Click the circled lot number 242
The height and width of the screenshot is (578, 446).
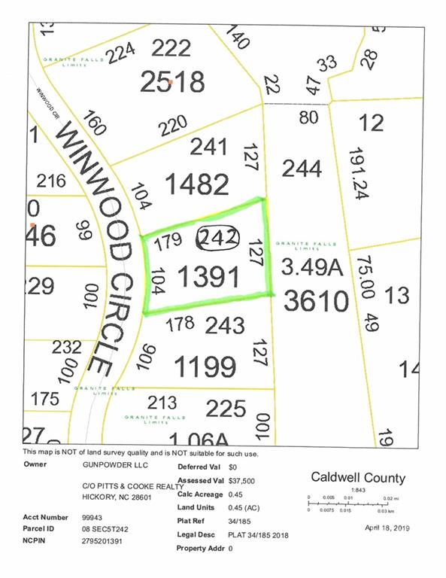pyautogui.click(x=216, y=239)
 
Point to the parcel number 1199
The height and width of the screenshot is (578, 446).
pyautogui.click(x=205, y=367)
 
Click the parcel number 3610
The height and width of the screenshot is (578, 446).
pyautogui.click(x=316, y=302)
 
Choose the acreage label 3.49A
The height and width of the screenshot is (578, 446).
pyautogui.click(x=311, y=266)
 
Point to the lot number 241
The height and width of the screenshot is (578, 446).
pyautogui.click(x=208, y=147)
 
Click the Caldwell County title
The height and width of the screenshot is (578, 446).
pyautogui.click(x=358, y=478)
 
